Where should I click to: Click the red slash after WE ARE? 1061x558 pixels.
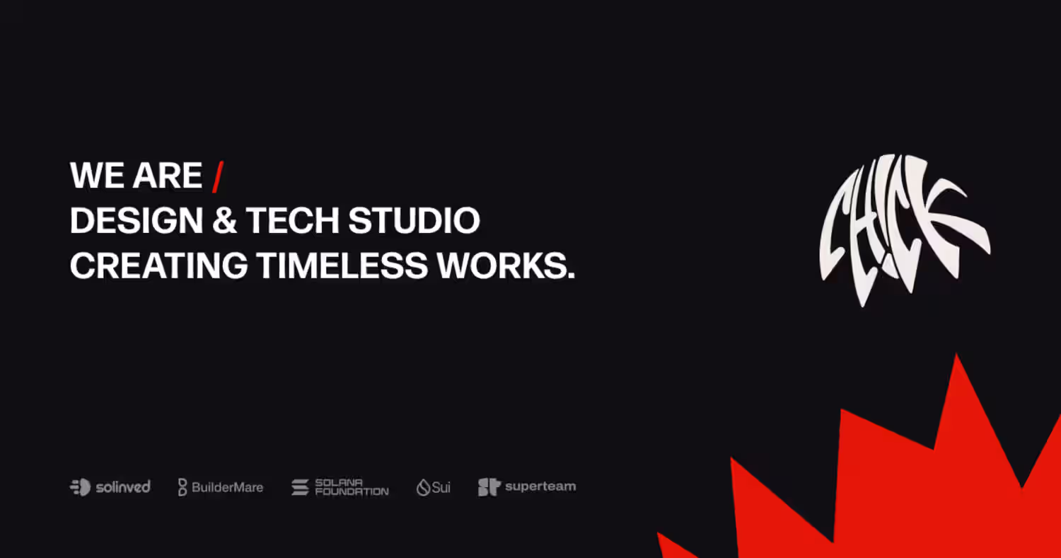click(x=218, y=177)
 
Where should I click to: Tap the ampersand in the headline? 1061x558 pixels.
click(x=224, y=220)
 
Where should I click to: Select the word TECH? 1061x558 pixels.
click(x=292, y=220)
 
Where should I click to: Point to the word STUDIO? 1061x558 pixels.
click(x=414, y=220)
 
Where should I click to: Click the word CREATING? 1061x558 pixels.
click(x=158, y=266)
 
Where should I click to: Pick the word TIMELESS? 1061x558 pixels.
click(x=342, y=266)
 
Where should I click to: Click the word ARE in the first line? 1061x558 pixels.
click(x=167, y=176)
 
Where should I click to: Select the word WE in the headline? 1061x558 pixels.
click(x=97, y=176)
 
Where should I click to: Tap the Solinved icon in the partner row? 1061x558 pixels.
click(x=80, y=487)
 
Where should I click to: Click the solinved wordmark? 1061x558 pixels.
click(x=123, y=487)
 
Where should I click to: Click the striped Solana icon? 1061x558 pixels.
click(x=300, y=487)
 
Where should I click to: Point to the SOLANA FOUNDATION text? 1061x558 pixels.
click(x=352, y=487)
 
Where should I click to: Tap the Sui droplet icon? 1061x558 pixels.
click(x=423, y=487)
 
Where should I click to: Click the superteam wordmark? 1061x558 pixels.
click(x=540, y=486)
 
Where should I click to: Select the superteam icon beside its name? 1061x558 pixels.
click(x=489, y=487)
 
